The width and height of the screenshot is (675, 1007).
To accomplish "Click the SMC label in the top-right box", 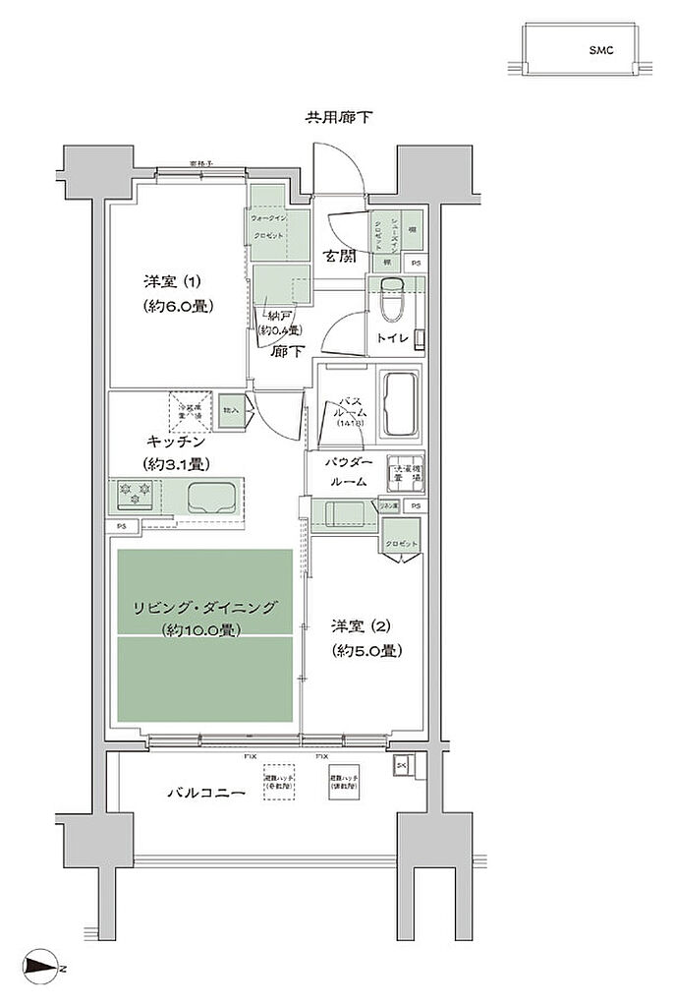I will [x=601, y=49].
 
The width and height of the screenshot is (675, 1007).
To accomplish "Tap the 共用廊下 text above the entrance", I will [x=338, y=118].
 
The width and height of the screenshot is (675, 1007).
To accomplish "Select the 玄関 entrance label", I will [x=341, y=258].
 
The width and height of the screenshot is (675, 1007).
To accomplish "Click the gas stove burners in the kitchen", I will [x=131, y=493].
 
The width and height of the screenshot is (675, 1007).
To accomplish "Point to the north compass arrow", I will [x=41, y=969].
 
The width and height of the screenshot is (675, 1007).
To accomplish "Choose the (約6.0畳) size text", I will [x=177, y=305].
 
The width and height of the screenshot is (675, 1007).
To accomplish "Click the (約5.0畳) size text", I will [x=365, y=650].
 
